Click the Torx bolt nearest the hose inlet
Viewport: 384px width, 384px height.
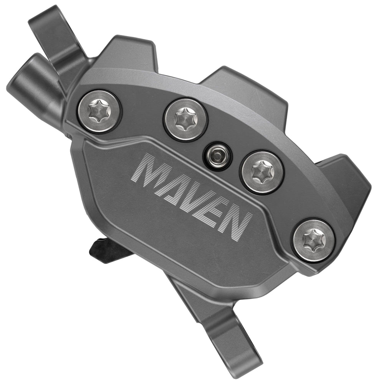pyautogui.click(x=99, y=111)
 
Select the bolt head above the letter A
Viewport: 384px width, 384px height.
pyautogui.click(x=185, y=119)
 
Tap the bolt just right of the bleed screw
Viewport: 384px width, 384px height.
pyautogui.click(x=263, y=172)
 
